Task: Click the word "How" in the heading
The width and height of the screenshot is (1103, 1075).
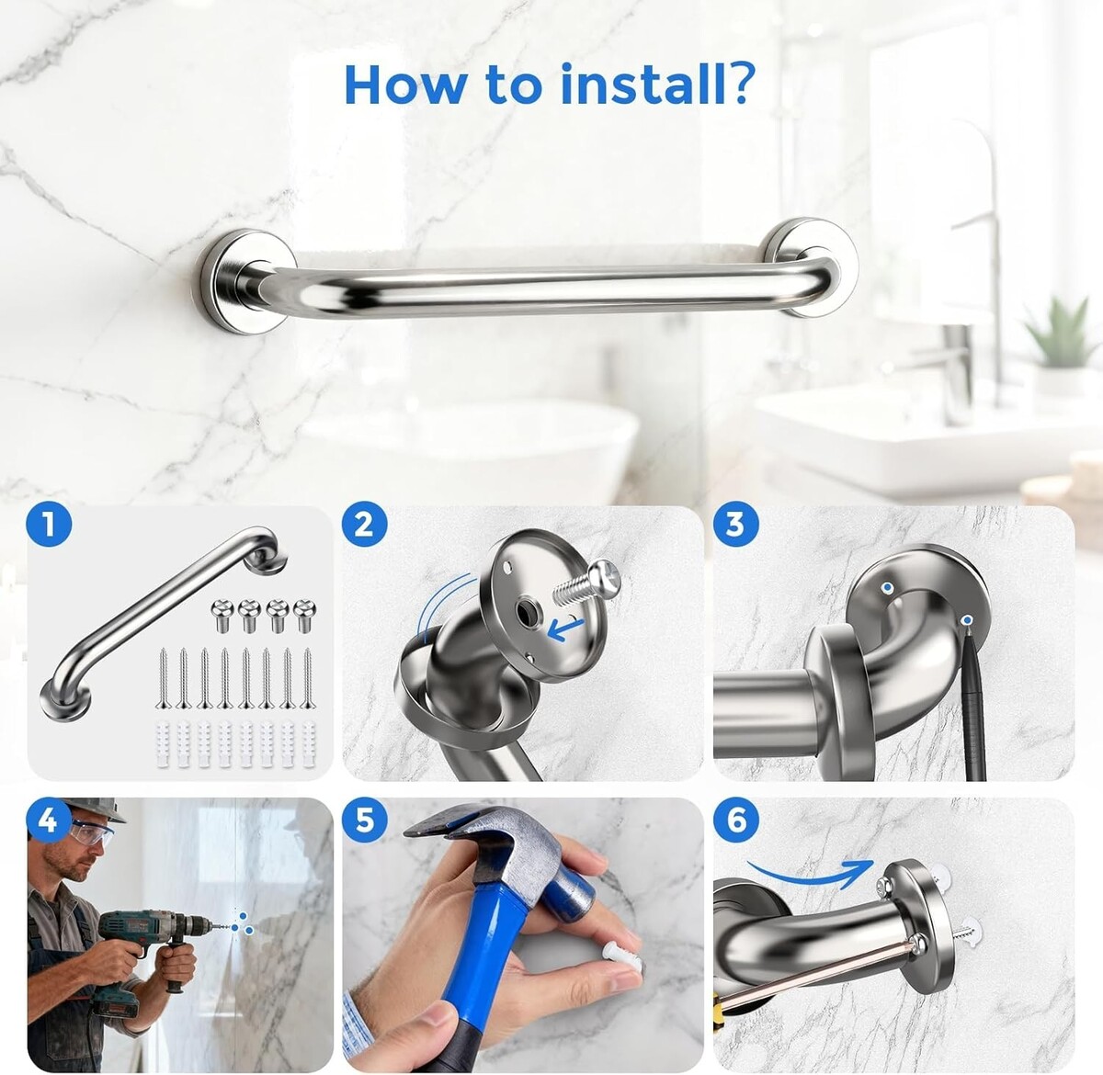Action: point(404,84)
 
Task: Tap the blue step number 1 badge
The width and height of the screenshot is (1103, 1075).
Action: point(49,526)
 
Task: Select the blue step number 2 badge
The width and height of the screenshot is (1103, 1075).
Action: point(365,526)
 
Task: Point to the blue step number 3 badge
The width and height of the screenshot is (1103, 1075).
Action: point(735,526)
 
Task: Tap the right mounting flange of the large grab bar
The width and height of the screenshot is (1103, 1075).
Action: point(812,266)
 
